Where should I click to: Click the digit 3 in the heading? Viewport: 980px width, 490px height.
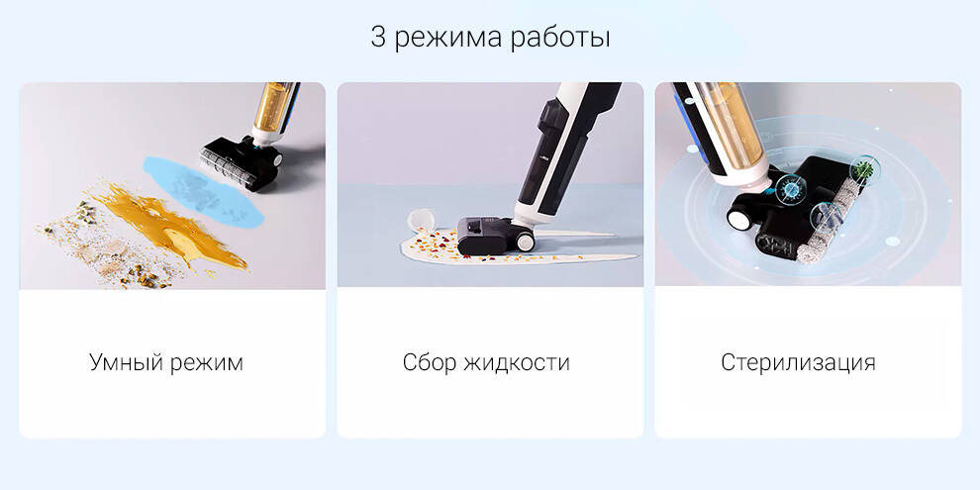[378, 39]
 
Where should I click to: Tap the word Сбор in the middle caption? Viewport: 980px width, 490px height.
[429, 362]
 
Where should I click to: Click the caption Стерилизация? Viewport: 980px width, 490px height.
[798, 362]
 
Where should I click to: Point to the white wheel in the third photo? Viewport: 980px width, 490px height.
[739, 217]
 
